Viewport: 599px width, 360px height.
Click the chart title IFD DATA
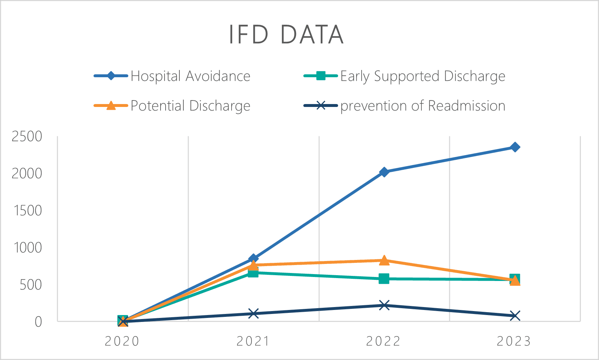pos(286,35)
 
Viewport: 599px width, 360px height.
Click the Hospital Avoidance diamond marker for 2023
pos(515,147)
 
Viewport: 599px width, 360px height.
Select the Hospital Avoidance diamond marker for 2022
pos(384,172)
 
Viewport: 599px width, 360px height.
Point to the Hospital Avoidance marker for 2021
pos(254,258)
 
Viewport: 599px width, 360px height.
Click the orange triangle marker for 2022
pos(384,260)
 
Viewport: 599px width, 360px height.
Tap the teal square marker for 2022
pos(384,279)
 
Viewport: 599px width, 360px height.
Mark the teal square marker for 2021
pos(253,273)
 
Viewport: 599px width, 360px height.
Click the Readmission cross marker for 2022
pos(384,305)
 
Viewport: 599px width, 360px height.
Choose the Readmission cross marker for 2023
pos(515,316)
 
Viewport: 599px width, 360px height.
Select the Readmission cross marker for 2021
pos(254,314)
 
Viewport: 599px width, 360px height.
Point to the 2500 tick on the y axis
pos(27,137)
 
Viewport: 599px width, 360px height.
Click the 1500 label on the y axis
pos(27,211)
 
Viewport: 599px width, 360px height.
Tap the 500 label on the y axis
pos(31,285)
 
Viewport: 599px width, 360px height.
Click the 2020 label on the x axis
pos(122,342)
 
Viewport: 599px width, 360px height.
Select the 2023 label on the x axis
pos(514,342)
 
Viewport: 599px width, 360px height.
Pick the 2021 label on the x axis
pos(253,342)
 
